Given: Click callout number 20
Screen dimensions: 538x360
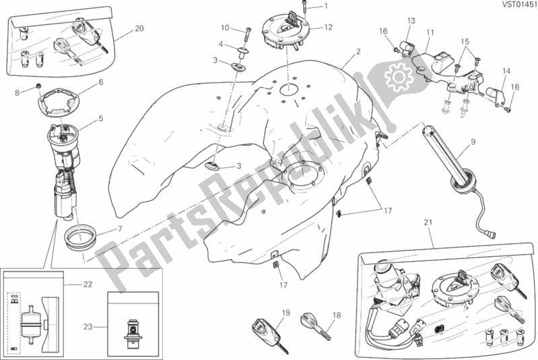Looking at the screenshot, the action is tap(139, 28).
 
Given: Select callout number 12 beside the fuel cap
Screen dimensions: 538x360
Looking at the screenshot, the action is tap(329, 27).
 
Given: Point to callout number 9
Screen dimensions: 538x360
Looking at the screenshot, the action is tap(473, 141).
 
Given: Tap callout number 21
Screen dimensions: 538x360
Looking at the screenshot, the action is tap(428, 223).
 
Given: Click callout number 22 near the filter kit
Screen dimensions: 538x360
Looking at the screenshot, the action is tap(88, 284).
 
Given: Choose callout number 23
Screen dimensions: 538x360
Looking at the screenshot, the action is tap(88, 327).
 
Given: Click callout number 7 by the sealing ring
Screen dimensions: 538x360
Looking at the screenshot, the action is tap(120, 229).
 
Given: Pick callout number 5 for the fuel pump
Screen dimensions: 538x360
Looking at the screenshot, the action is tap(100, 118).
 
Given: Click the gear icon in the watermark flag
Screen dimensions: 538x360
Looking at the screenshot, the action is tap(399, 77).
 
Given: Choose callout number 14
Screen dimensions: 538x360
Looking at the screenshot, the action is tap(506, 71).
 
